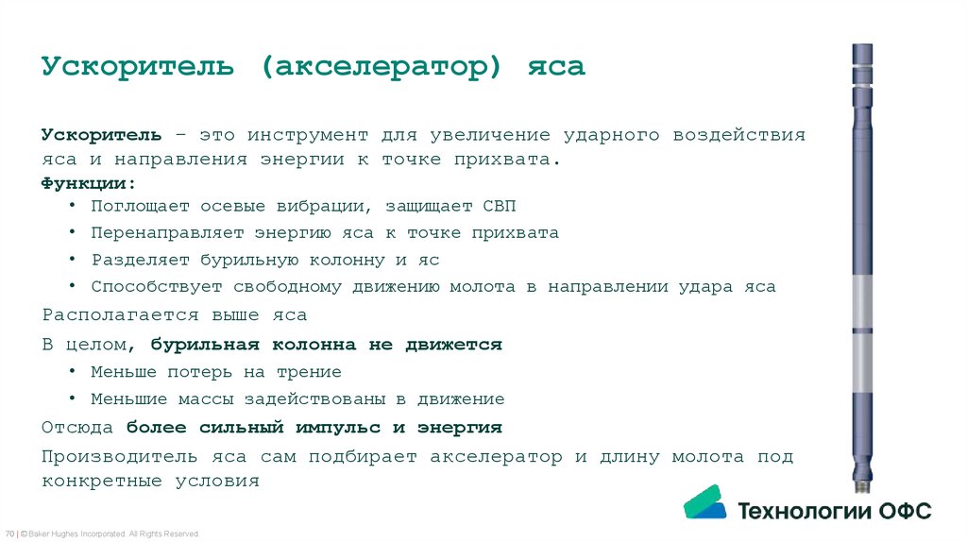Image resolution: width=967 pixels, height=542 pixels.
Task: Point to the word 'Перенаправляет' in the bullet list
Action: tap(166, 232)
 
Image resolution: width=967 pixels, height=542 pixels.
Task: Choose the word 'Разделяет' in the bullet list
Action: tap(134, 260)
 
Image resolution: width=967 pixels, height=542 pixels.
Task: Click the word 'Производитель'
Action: tap(120, 456)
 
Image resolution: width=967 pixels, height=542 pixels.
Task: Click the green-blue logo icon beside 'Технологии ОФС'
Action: tap(704, 501)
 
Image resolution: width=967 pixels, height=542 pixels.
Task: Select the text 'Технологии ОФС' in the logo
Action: tap(834, 512)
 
